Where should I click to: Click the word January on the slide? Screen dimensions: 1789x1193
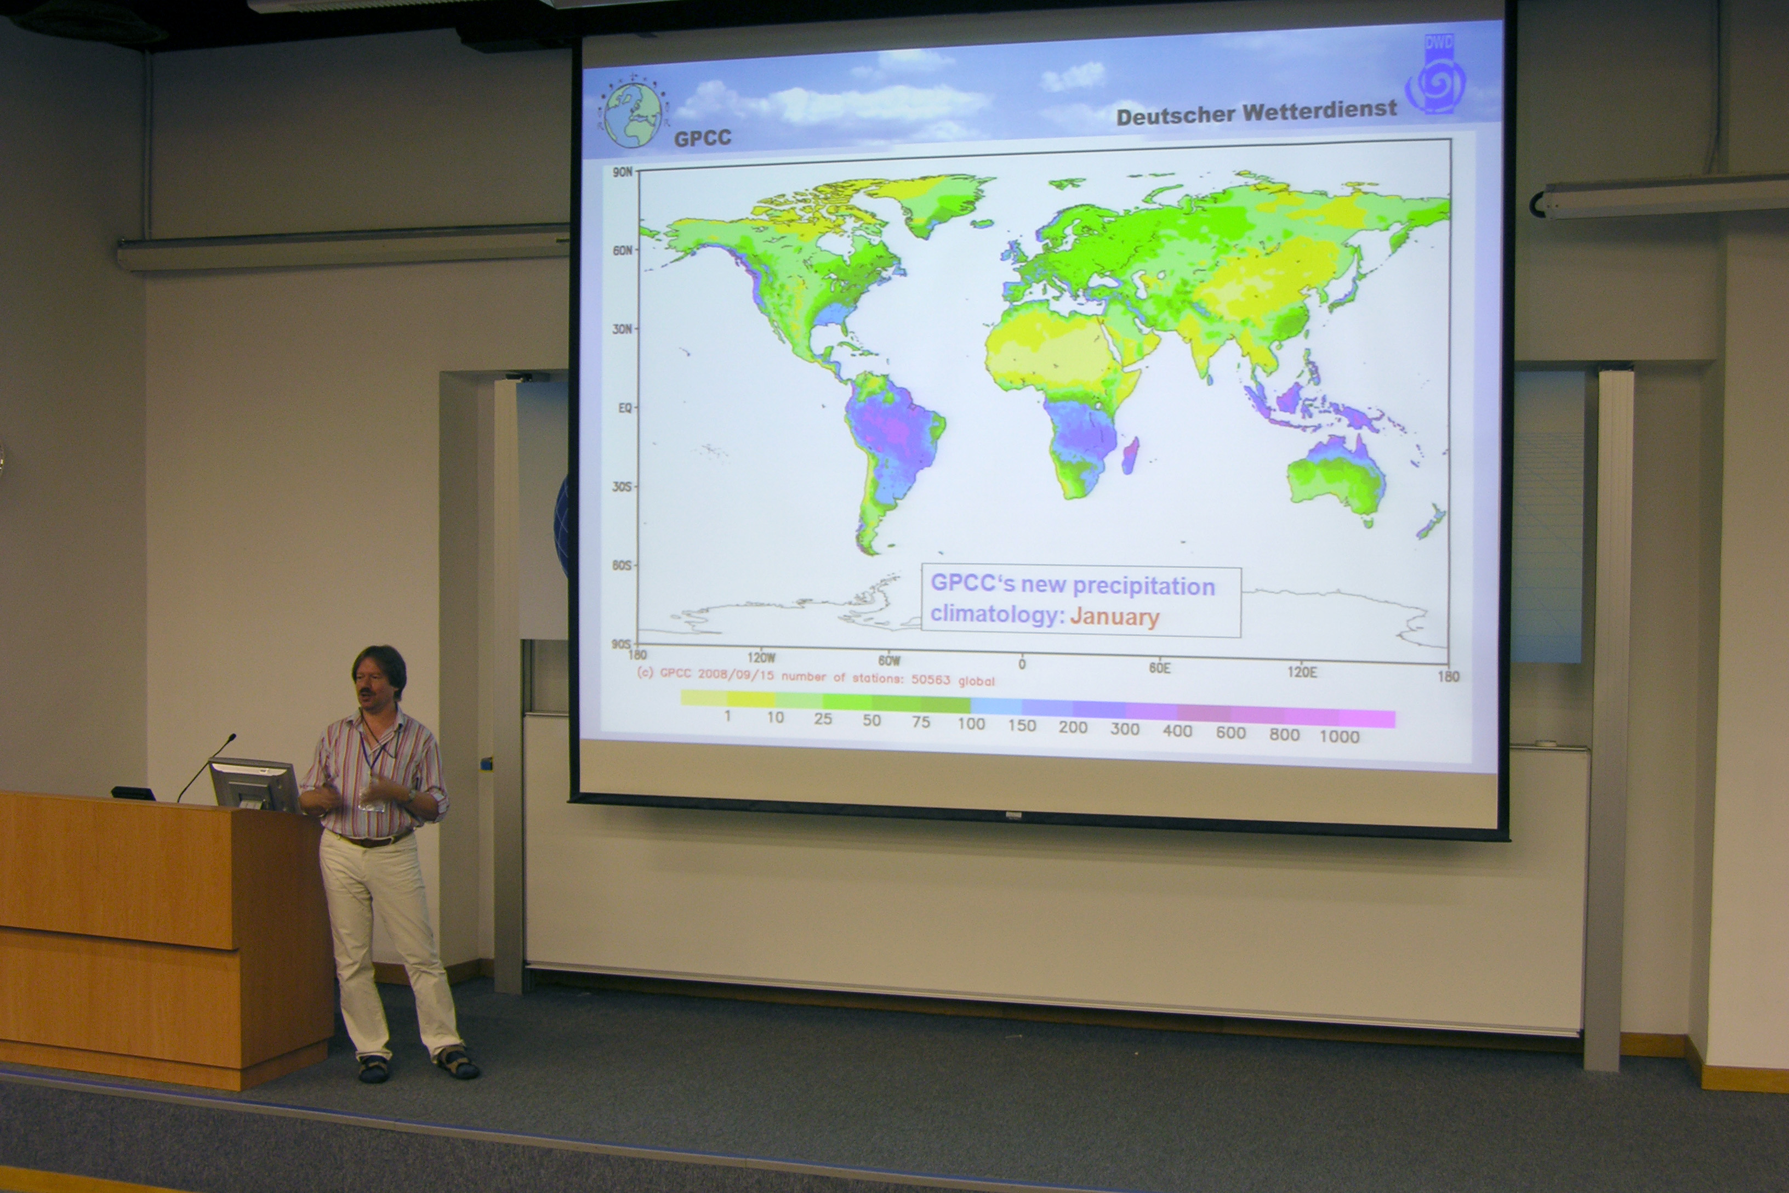point(1114,616)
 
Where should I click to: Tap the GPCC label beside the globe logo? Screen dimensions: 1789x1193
point(702,138)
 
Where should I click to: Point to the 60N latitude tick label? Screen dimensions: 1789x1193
point(622,251)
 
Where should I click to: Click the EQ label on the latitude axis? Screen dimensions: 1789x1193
point(624,408)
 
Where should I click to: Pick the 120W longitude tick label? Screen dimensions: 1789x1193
point(761,657)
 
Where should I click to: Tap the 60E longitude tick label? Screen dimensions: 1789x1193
point(1159,667)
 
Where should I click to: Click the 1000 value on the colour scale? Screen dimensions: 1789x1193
point(1338,736)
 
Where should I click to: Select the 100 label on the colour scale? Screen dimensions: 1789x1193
point(971,724)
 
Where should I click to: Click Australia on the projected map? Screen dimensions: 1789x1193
point(1336,479)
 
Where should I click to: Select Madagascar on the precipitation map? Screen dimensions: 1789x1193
point(1130,455)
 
